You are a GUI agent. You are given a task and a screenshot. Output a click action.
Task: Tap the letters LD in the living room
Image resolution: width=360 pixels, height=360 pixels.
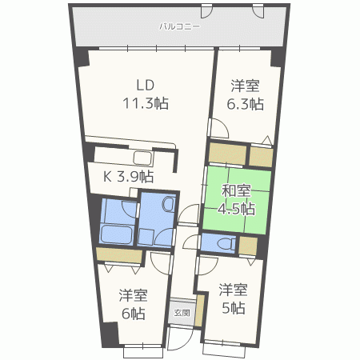[144, 86]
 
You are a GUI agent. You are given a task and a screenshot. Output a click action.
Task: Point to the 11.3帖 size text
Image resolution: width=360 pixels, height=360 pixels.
[145, 102]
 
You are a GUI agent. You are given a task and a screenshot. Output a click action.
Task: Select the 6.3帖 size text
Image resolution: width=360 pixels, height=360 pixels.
[246, 103]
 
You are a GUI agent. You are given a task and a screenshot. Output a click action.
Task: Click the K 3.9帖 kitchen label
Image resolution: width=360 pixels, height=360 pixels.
[127, 176]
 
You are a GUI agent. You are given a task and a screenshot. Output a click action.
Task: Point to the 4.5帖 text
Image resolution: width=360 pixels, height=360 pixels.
[238, 209]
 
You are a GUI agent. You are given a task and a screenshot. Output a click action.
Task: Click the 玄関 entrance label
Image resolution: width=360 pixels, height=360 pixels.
[182, 313]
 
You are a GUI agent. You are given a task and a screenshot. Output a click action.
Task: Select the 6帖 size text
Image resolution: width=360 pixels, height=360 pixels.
[133, 313]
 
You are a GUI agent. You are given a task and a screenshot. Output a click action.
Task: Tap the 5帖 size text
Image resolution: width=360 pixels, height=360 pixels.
[234, 307]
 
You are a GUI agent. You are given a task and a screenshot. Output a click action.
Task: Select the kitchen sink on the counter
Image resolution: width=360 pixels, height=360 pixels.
[142, 158]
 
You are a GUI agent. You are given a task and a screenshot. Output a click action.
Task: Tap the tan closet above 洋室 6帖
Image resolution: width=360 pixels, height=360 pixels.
[118, 255]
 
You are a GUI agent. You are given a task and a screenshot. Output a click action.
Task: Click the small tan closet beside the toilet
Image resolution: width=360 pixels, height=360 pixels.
[248, 244]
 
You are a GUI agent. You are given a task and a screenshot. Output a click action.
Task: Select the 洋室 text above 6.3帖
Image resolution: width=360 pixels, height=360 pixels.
[246, 85]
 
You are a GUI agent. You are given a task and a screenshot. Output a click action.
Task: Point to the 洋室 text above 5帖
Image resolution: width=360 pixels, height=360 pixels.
[234, 290]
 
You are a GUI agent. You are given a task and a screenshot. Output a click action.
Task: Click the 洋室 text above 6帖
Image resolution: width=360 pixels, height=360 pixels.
[133, 294]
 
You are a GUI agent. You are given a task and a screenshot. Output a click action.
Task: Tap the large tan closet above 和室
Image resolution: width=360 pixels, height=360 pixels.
[227, 153]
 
